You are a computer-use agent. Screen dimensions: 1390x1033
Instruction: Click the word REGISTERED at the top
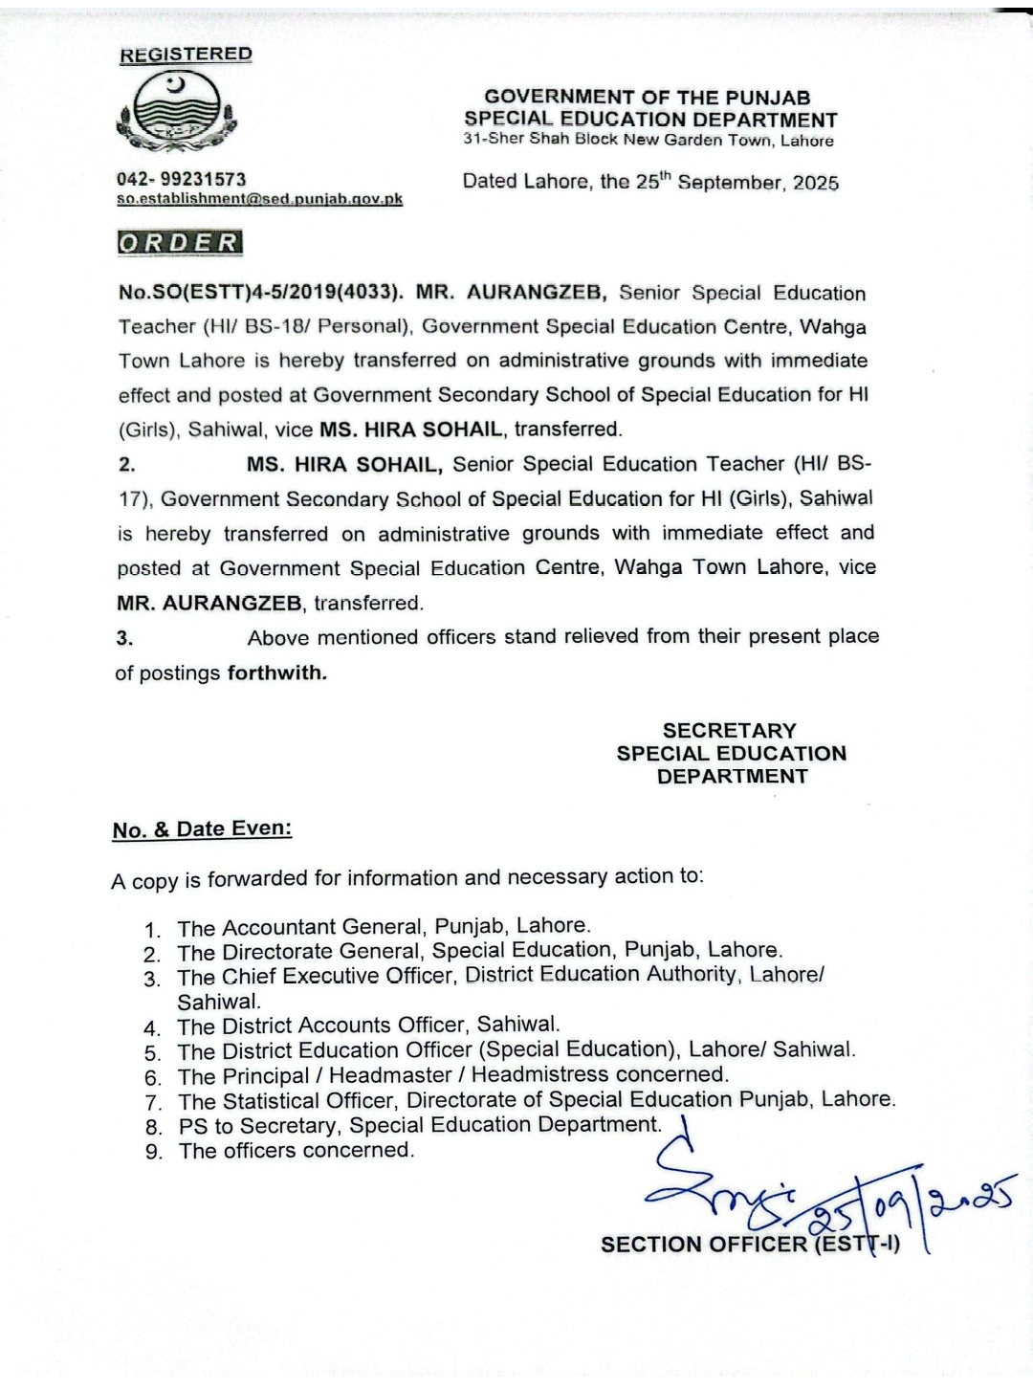pyautogui.click(x=186, y=55)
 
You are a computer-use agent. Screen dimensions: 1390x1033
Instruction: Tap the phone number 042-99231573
pyautogui.click(x=181, y=179)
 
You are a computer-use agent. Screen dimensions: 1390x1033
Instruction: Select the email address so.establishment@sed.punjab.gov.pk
pyautogui.click(x=259, y=199)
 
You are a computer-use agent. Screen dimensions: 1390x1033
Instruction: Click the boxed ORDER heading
pyautogui.click(x=179, y=242)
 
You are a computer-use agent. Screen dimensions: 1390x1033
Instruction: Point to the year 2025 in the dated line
pyautogui.click(x=815, y=183)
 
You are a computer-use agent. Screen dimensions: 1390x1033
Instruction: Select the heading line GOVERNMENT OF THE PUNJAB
pyautogui.click(x=648, y=98)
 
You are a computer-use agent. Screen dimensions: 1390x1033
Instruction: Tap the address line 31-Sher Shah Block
pyautogui.click(x=648, y=141)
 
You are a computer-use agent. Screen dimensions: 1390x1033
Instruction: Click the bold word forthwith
pyautogui.click(x=276, y=673)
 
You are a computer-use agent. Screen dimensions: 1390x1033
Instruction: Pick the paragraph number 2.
pyautogui.click(x=126, y=465)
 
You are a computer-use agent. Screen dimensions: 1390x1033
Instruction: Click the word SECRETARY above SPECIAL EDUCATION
pyautogui.click(x=730, y=731)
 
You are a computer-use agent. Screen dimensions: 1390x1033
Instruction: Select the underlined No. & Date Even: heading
pyautogui.click(x=202, y=829)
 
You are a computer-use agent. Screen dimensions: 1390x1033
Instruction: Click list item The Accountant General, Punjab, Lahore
pyautogui.click(x=384, y=927)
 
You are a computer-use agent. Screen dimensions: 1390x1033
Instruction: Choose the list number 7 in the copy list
pyautogui.click(x=153, y=1102)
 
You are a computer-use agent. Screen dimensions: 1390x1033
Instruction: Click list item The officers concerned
pyautogui.click(x=297, y=1151)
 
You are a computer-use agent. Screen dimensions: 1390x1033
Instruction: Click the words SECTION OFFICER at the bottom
pyautogui.click(x=704, y=1245)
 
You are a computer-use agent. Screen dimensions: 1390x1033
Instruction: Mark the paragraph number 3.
pyautogui.click(x=124, y=638)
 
